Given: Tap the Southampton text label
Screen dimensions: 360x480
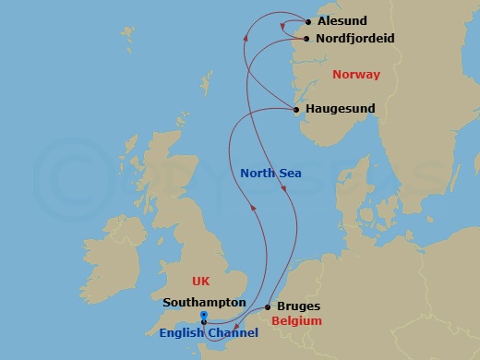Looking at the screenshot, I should coord(204,302).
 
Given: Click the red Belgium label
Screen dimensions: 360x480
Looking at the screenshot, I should coord(297,321).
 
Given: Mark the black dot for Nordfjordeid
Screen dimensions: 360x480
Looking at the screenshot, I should coord(306,40).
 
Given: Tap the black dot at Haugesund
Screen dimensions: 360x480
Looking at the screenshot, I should coord(296,110).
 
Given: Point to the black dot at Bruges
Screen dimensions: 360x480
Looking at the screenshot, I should coord(268,306).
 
